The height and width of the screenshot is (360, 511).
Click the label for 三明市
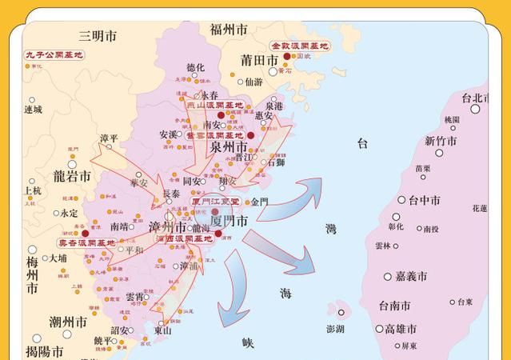pos(98,36)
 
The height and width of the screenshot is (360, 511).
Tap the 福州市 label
pos(229,30)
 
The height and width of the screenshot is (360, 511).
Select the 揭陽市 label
pos(45,350)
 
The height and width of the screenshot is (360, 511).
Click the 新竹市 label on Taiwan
pos(441,141)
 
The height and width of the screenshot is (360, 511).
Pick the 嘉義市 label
pos(411,277)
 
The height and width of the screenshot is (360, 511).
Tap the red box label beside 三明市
pos(54,55)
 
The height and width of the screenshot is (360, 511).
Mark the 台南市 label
pos(394,306)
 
